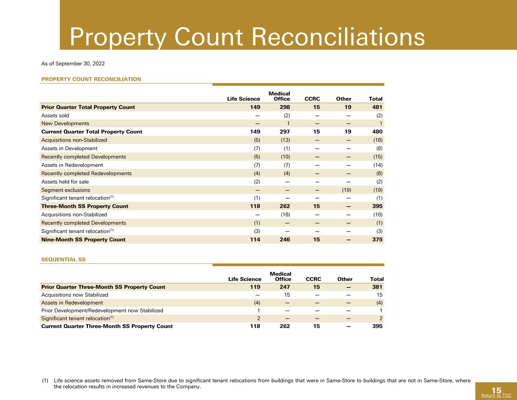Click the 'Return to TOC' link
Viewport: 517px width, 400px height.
496,395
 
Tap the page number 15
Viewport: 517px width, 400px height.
496,390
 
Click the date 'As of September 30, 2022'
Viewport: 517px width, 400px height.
73,64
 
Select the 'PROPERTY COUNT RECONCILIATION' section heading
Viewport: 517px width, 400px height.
91,79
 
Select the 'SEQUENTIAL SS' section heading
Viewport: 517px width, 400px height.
63,259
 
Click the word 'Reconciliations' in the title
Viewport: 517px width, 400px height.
338,37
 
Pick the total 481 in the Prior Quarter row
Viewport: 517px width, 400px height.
377,107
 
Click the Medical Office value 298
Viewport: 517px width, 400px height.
285,107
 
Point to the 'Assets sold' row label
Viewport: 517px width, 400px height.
55,116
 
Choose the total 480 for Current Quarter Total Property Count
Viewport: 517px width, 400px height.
377,132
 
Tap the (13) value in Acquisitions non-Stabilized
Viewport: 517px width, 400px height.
286,140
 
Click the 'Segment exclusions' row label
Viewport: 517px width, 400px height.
66,190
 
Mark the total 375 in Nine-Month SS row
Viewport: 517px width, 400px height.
377,240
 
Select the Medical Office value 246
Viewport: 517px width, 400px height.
285,240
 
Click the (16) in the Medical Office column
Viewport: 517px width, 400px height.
286,215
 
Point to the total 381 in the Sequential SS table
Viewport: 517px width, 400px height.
377,287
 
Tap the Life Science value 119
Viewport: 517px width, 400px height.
255,287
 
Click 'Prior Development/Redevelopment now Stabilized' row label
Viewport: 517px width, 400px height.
102,311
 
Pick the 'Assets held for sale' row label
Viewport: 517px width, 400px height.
65,182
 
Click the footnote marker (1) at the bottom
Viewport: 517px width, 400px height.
45,381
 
